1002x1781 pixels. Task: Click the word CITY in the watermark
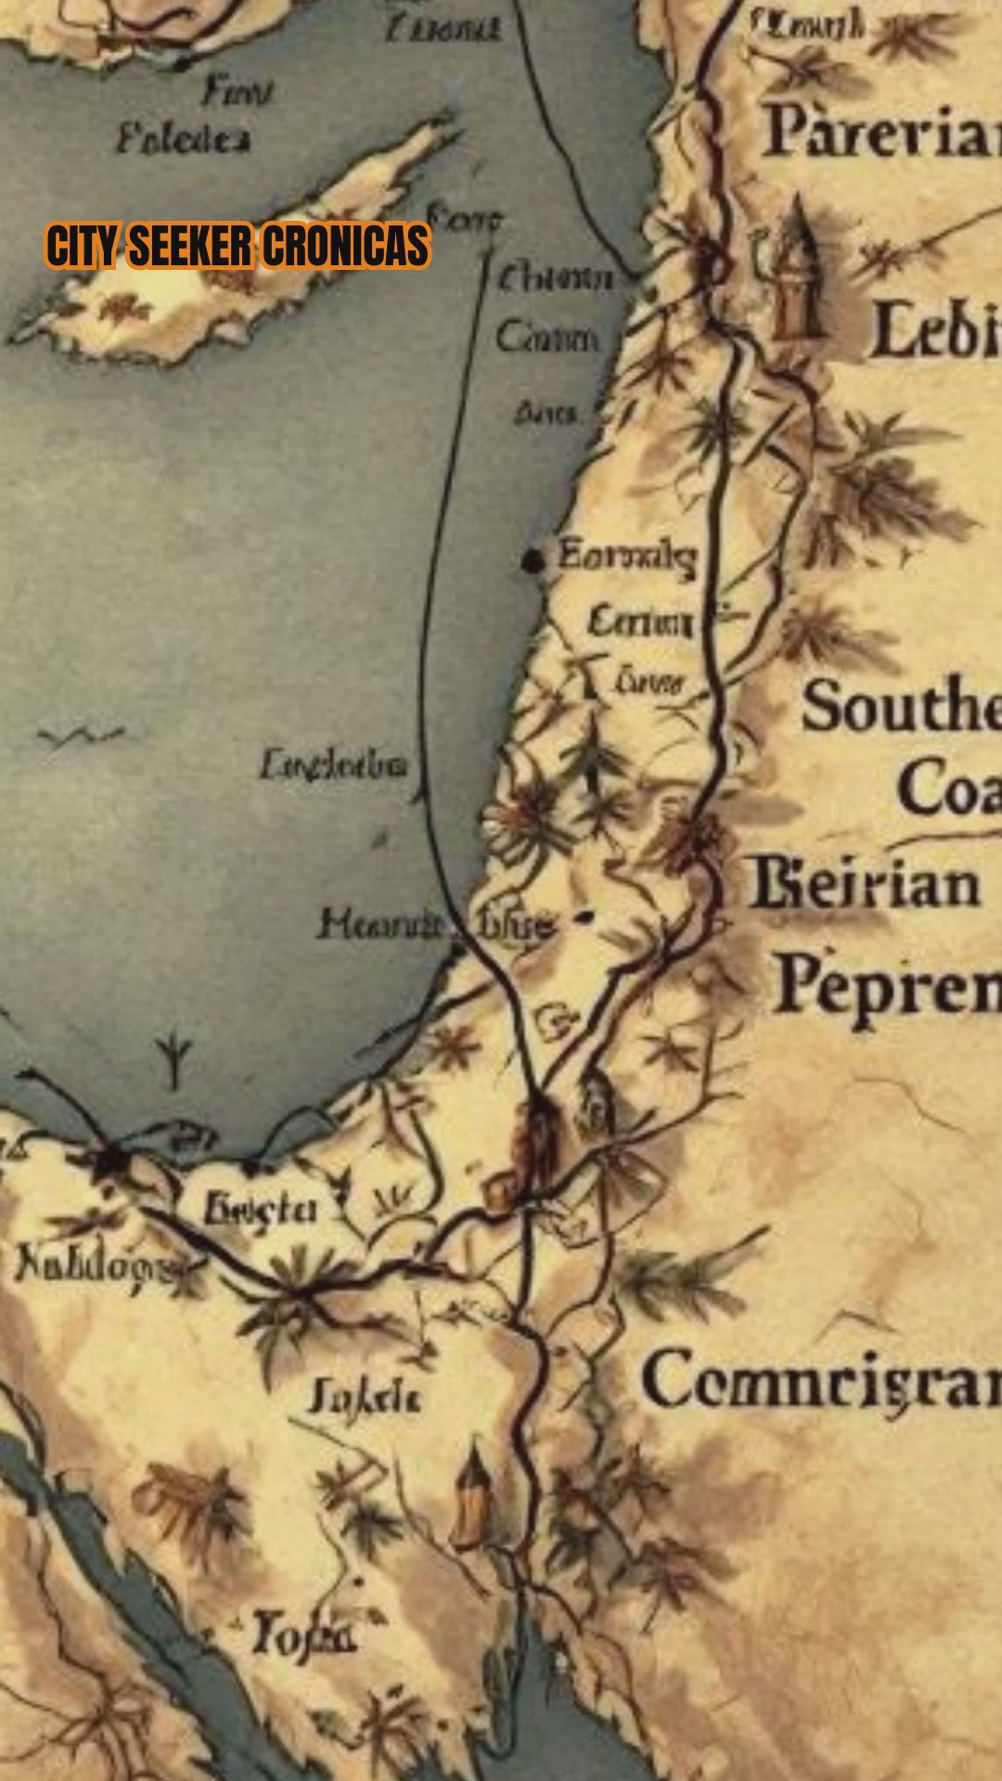tap(83, 247)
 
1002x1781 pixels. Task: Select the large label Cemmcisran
tap(821, 1381)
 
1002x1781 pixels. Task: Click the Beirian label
tap(866, 883)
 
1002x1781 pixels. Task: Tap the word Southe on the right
tap(900, 707)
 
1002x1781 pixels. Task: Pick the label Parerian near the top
tap(881, 132)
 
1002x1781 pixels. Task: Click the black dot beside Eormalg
tap(533, 560)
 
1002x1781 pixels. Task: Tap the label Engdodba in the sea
tap(333, 765)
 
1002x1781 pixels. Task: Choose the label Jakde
tap(365, 1397)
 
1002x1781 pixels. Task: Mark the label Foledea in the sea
tap(183, 140)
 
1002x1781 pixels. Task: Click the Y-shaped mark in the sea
tap(173, 1058)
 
